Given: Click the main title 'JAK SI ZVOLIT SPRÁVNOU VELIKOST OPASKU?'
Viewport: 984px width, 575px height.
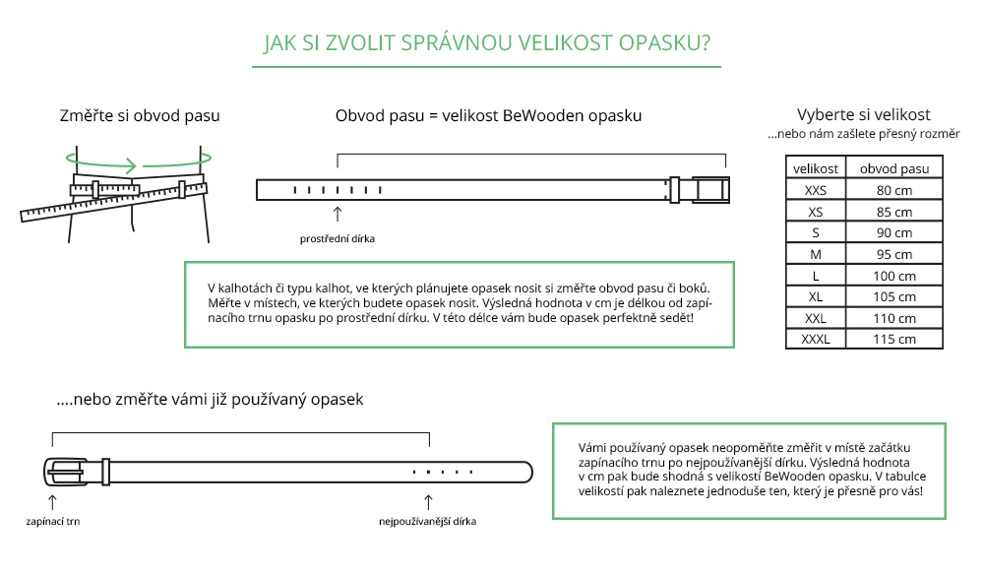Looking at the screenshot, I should [487, 43].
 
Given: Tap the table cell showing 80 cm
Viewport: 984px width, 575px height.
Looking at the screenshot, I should [894, 190].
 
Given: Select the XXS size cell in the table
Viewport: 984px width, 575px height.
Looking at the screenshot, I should [816, 190].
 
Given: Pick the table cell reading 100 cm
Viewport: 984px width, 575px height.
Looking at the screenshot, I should [894, 276].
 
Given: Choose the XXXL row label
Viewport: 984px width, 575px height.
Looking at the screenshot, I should [816, 339].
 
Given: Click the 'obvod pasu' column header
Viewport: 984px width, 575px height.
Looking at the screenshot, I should [894, 168].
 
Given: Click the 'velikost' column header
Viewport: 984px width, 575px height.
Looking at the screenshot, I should [816, 168].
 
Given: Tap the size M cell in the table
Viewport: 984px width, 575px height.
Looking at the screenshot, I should [816, 254].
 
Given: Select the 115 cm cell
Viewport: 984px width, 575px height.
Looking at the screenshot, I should [894, 339].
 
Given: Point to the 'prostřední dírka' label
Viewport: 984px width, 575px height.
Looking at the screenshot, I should [338, 238].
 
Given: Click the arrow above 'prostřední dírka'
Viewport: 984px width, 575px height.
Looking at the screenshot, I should [338, 214].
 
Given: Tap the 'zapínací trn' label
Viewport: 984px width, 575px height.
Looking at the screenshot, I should [53, 521].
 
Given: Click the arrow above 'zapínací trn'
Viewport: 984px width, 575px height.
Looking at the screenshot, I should [53, 500].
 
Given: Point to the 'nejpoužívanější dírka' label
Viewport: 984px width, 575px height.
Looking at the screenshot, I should [427, 521].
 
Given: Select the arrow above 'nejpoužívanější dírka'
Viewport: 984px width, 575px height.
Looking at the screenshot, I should [427, 500].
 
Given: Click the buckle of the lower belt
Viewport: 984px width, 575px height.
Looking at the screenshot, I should [66, 472].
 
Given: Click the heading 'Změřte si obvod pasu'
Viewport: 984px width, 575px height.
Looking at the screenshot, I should [140, 116].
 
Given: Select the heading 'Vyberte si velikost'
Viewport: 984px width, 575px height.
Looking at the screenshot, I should [863, 114].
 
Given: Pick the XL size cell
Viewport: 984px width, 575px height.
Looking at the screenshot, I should [816, 296].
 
